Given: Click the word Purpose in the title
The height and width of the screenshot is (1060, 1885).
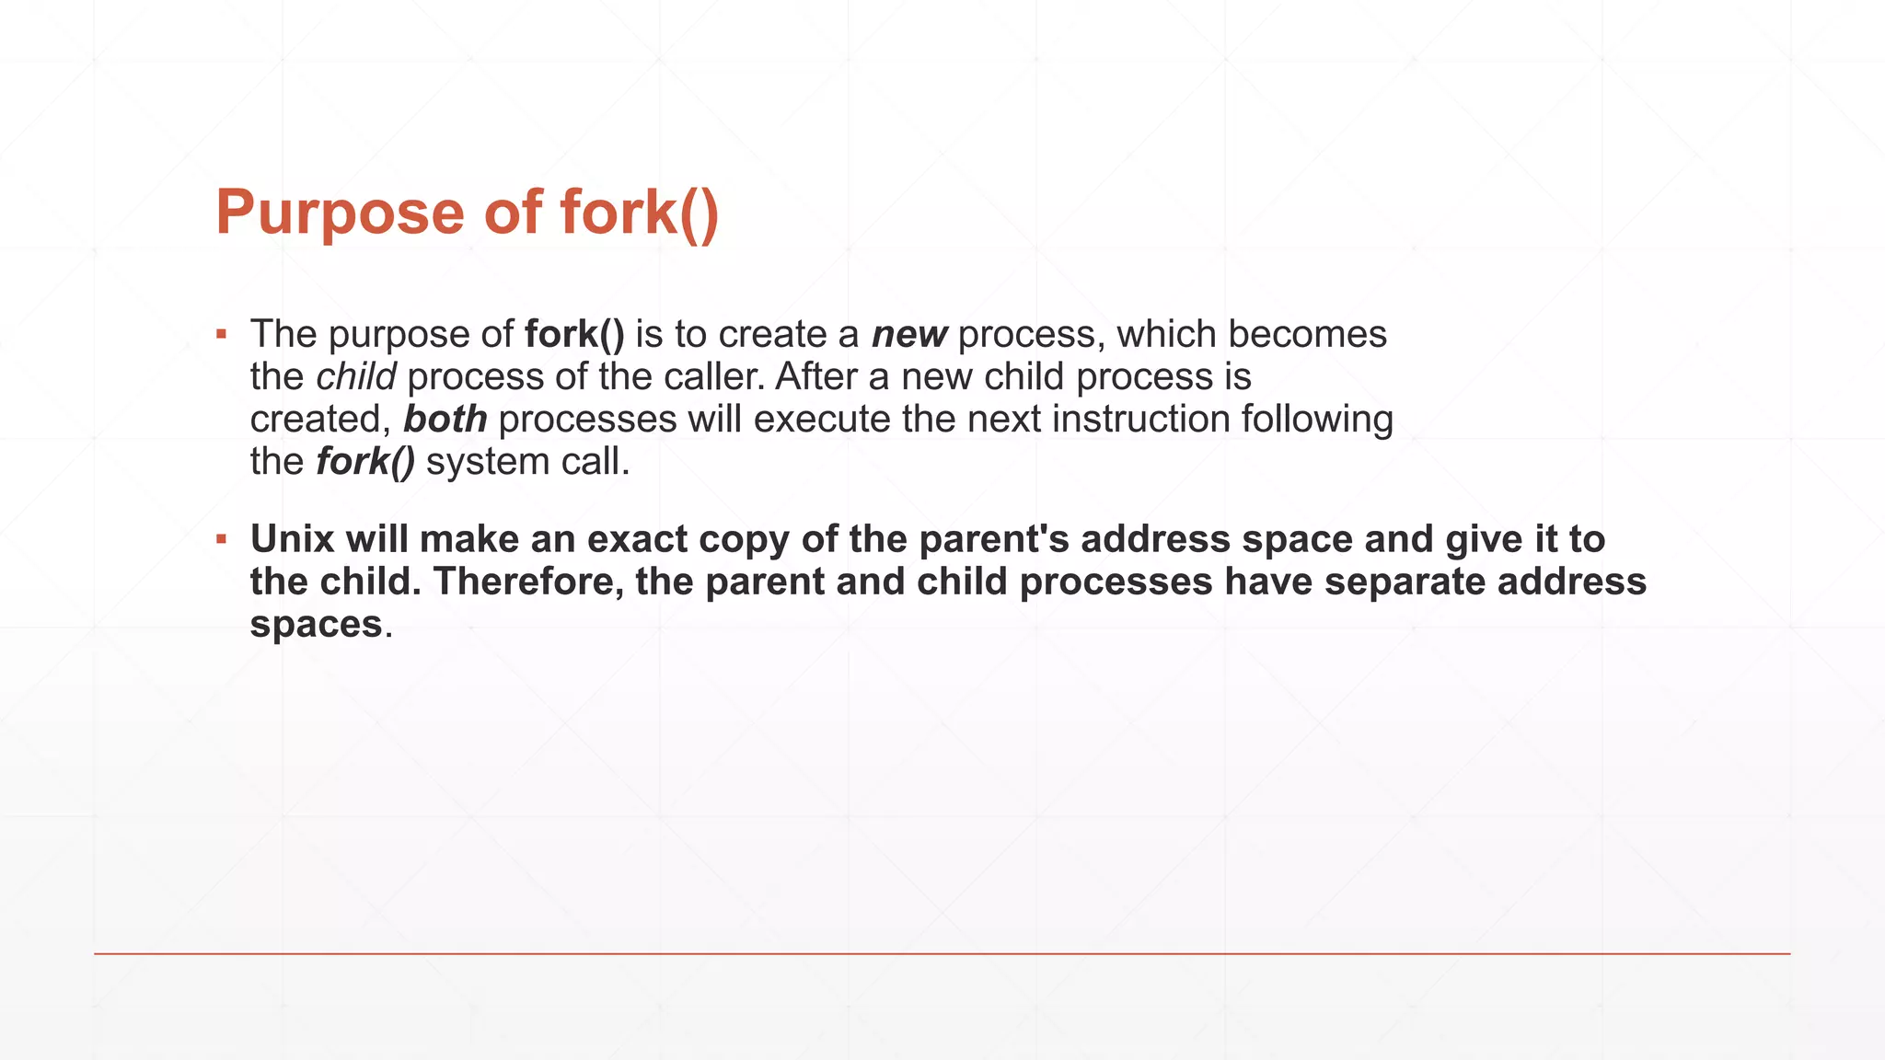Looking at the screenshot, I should click(x=341, y=213).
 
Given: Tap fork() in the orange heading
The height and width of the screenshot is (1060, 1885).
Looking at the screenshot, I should click(x=639, y=213).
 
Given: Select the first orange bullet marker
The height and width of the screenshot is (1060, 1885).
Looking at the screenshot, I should click(x=221, y=334).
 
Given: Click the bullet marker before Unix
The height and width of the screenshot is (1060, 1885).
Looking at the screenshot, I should click(x=221, y=539).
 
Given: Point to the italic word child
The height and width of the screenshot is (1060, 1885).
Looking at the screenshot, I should click(x=355, y=377).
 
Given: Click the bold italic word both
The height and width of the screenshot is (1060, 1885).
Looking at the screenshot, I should click(x=445, y=420).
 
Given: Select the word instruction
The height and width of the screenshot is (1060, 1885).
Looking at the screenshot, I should click(x=1141, y=420).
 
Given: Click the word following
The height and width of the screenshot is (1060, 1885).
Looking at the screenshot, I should click(x=1317, y=420).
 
